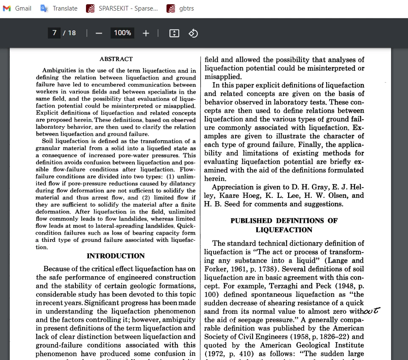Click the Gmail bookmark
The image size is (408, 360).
point(17,8)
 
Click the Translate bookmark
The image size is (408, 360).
point(59,8)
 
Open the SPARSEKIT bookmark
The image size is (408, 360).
point(122,8)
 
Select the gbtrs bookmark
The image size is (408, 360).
point(180,8)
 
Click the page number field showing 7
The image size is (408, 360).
point(55,33)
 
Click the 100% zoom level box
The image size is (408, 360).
point(122,33)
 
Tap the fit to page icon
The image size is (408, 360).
point(174,33)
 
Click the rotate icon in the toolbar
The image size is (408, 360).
point(193,33)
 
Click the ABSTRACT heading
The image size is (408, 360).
point(116,59)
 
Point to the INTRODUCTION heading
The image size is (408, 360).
point(116,256)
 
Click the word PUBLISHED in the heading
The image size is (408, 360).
point(251,221)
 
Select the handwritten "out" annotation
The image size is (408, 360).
point(371,311)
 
